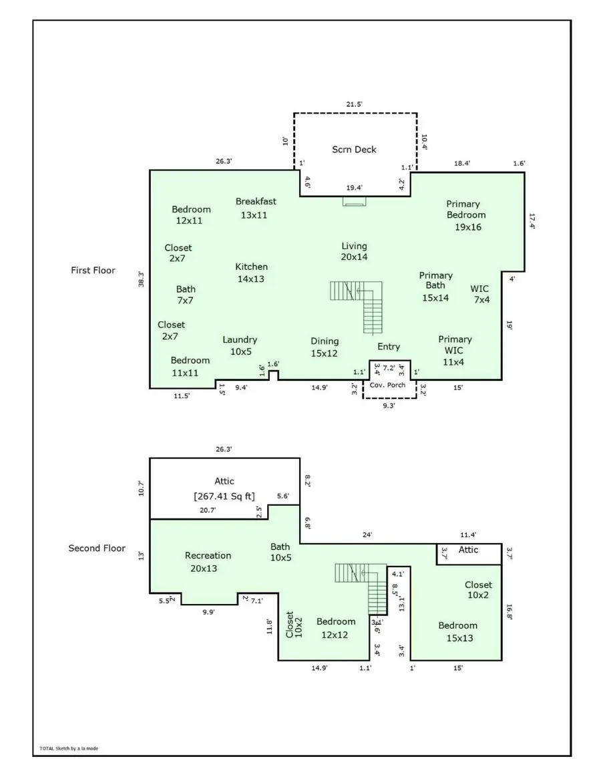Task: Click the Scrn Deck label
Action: (x=354, y=150)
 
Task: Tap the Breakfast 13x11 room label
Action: (x=255, y=208)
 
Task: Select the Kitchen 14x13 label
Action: (x=251, y=273)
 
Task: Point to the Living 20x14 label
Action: (x=354, y=251)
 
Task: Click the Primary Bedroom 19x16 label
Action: (x=466, y=215)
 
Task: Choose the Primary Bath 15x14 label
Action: (x=435, y=287)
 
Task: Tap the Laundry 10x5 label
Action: (x=240, y=345)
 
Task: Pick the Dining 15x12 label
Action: (x=324, y=347)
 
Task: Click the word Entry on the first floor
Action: (x=389, y=347)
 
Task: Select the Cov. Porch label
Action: (x=388, y=385)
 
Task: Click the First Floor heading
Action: (x=93, y=271)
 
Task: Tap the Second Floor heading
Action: (x=97, y=549)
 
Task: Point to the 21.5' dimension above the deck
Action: (x=354, y=105)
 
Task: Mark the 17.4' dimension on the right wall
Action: (x=532, y=221)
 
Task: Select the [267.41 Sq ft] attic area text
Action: (x=224, y=496)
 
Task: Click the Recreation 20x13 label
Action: (x=208, y=561)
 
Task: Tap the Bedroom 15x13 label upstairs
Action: (x=457, y=631)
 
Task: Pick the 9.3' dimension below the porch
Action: (x=387, y=406)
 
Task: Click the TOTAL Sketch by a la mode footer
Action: (x=69, y=748)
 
